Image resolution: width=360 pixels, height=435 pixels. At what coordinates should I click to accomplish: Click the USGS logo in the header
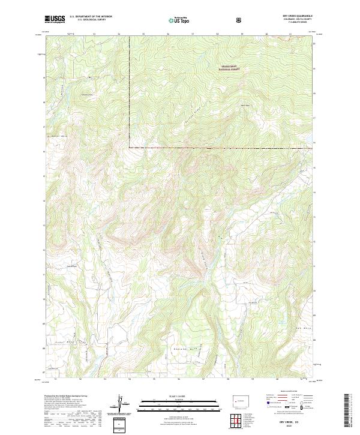click(55, 19)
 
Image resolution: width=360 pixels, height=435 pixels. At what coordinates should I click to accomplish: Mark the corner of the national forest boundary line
click(129, 147)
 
